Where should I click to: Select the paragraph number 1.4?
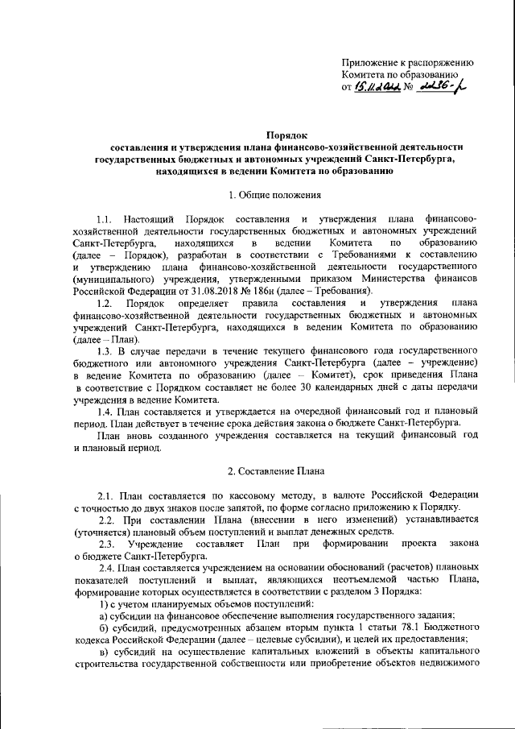click(x=104, y=414)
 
